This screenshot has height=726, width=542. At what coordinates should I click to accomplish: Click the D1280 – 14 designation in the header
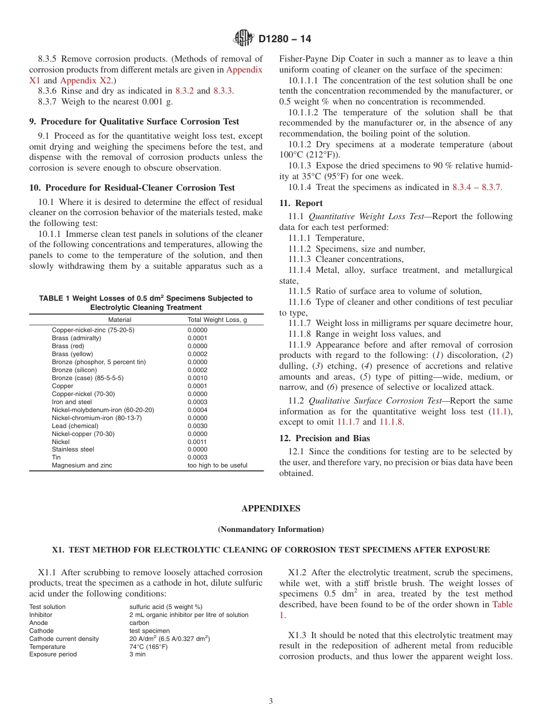click(284, 39)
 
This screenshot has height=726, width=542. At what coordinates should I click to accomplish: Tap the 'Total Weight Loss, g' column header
click(217, 320)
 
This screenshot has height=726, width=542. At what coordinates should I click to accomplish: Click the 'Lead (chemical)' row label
click(75, 426)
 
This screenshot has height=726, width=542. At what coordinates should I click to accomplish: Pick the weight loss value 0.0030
click(197, 426)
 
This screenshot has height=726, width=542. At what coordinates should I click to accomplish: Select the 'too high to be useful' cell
click(217, 465)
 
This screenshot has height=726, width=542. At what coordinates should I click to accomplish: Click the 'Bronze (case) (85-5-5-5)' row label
click(87, 378)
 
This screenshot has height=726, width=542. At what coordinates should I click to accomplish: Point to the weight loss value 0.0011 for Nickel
click(197, 442)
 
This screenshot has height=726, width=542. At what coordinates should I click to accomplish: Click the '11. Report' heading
click(301, 203)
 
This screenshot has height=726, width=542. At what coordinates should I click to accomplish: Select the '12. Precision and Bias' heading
click(324, 438)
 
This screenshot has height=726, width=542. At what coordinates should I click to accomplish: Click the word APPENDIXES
click(270, 509)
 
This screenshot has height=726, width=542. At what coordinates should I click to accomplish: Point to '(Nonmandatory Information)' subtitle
click(270, 529)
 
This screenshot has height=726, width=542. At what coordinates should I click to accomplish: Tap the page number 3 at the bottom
click(271, 701)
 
